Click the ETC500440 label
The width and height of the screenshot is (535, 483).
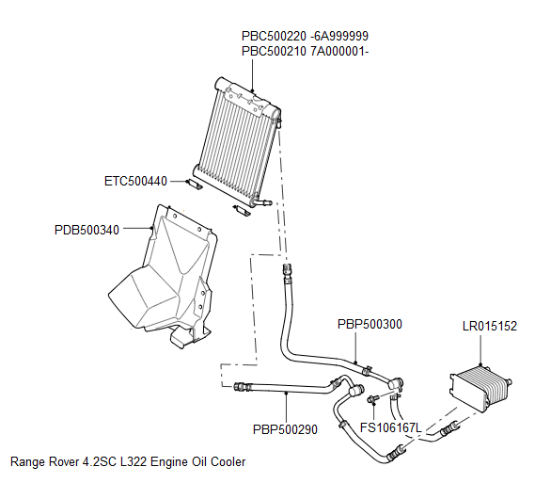(x=135, y=181)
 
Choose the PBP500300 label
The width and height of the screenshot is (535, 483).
(x=370, y=324)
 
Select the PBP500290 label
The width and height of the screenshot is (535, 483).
(x=285, y=429)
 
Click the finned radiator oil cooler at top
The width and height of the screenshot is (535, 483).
(x=241, y=140)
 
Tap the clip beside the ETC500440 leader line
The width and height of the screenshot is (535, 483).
(x=192, y=185)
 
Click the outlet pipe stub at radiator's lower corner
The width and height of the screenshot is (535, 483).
(x=264, y=201)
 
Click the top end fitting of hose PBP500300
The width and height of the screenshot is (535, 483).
(x=287, y=273)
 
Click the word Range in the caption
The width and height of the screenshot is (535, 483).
(x=27, y=462)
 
